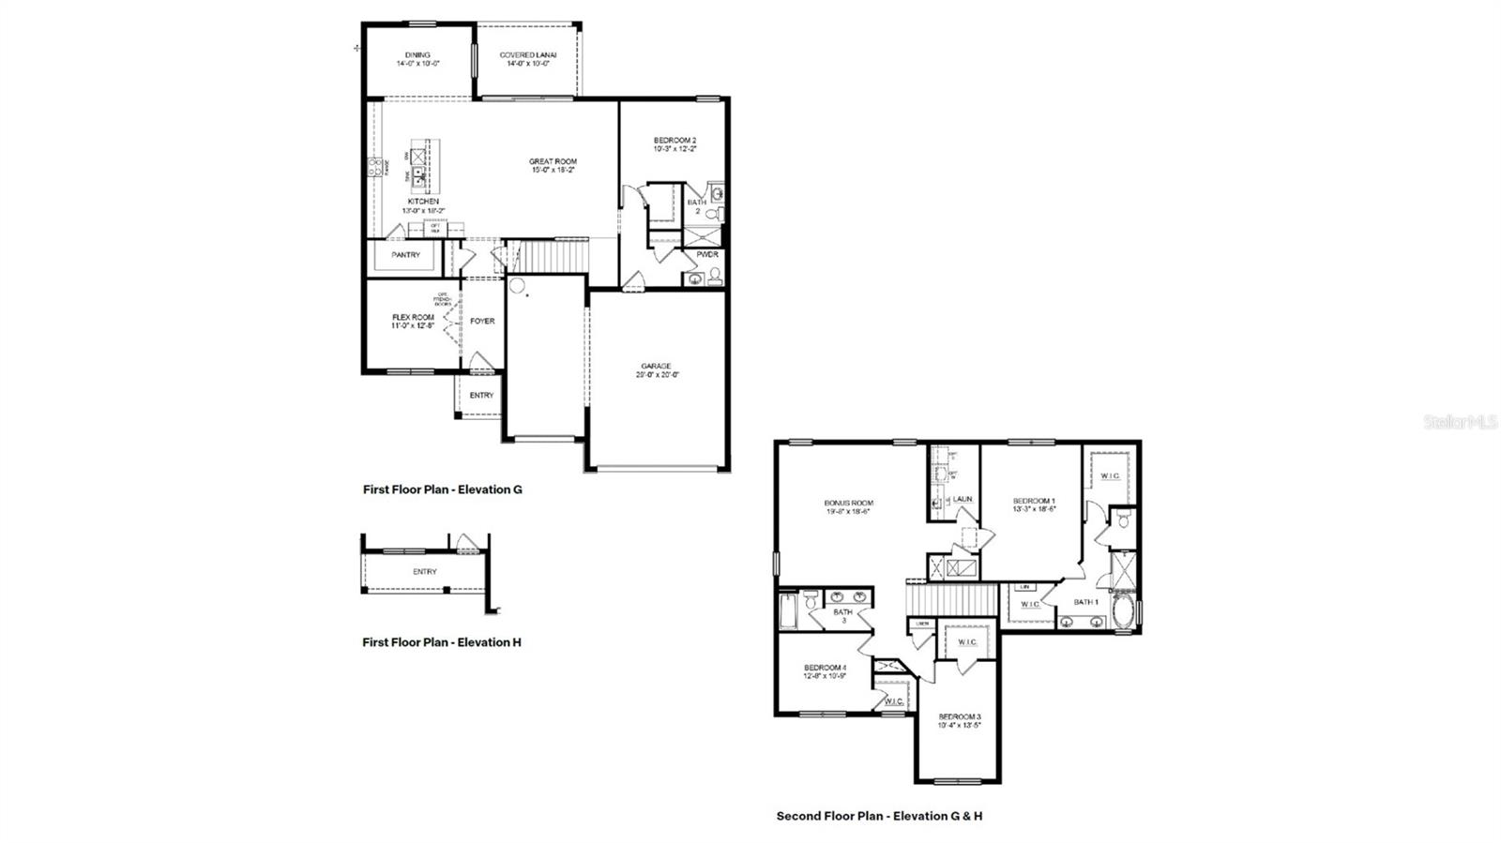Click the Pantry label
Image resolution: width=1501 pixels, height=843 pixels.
point(405,255)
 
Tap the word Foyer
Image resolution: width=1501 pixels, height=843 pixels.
point(482,322)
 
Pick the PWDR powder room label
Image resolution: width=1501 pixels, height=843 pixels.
point(706,255)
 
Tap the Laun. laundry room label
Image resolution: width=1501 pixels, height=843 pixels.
point(963,500)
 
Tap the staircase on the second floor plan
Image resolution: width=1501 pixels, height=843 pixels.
point(950,597)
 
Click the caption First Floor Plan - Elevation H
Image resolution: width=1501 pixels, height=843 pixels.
point(442,642)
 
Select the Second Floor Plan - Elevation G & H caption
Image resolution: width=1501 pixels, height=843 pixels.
point(879,816)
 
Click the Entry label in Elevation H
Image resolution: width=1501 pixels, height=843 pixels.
point(424,572)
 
